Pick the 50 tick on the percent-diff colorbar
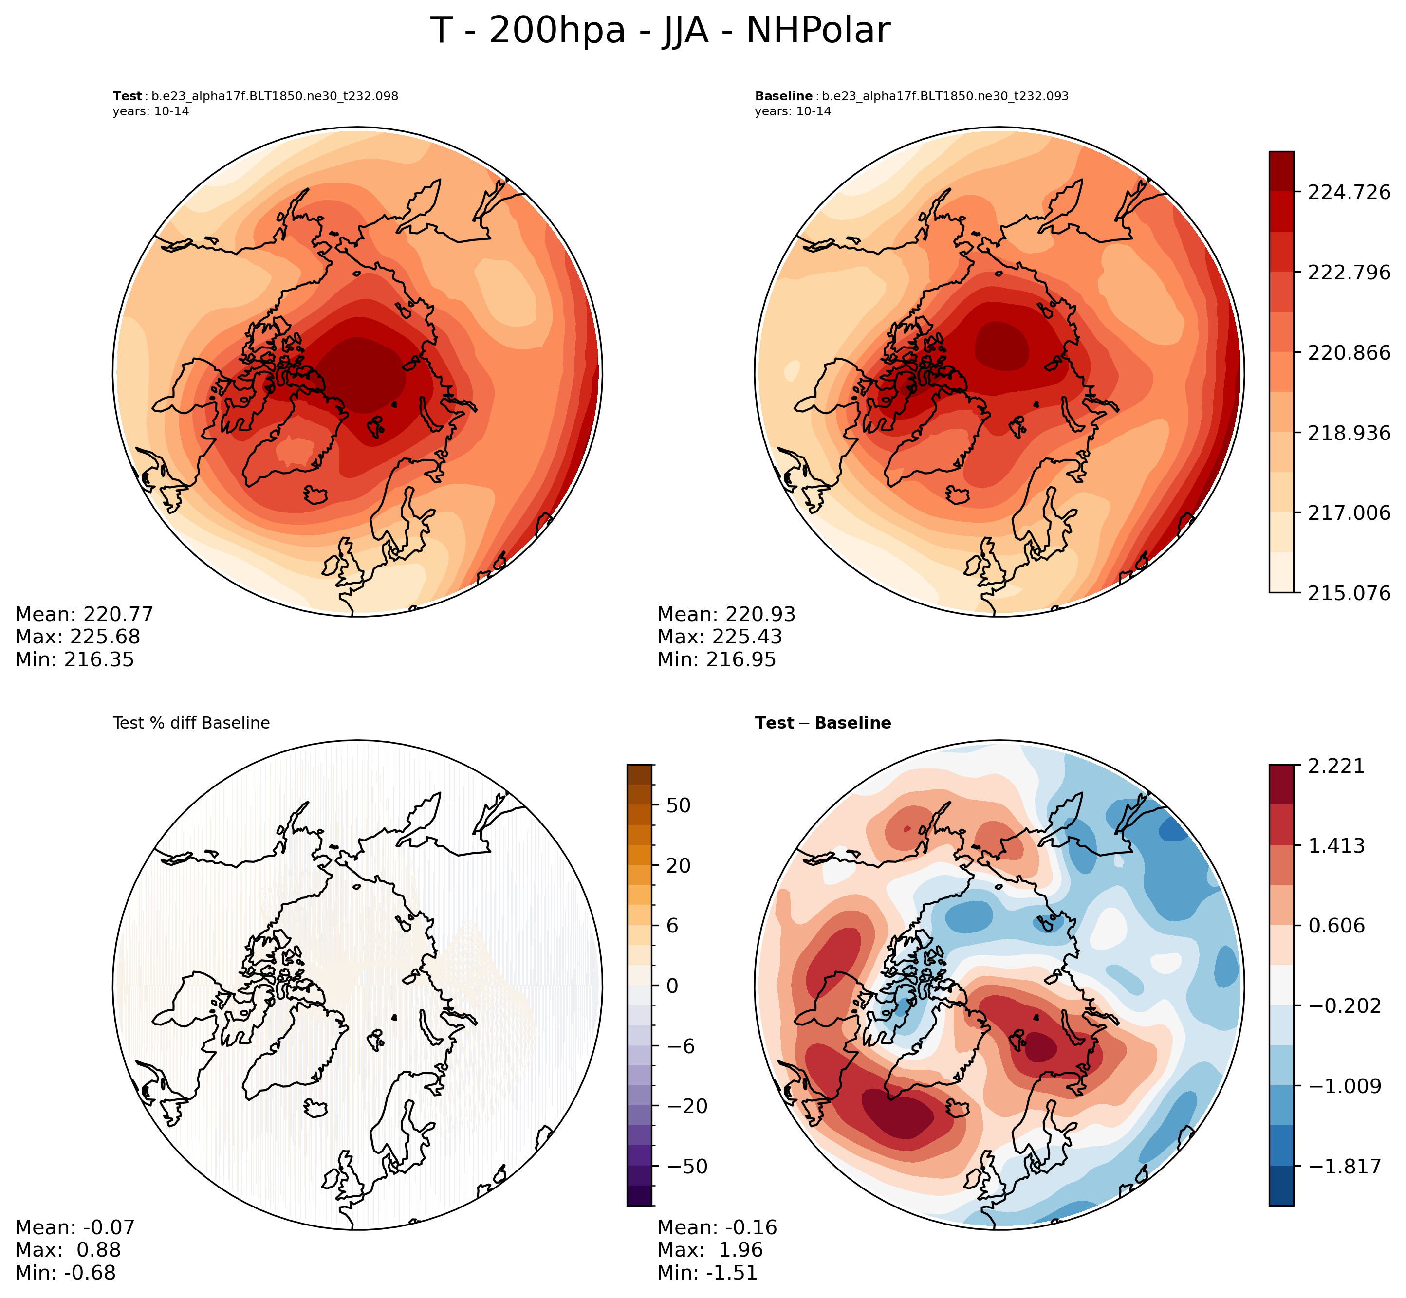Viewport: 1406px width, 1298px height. [x=679, y=805]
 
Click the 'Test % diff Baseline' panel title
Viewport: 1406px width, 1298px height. [x=191, y=723]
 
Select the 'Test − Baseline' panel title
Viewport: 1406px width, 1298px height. [x=823, y=723]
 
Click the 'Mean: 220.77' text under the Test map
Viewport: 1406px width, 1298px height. [x=84, y=615]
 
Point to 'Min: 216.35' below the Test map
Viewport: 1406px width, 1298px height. [x=74, y=659]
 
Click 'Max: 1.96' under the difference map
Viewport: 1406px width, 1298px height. [x=710, y=1250]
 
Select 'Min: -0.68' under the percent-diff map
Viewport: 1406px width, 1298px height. [x=65, y=1273]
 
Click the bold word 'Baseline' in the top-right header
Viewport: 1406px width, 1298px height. [x=783, y=96]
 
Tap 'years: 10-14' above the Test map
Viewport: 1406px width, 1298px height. [x=150, y=111]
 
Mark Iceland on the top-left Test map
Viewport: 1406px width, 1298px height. [x=316, y=495]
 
